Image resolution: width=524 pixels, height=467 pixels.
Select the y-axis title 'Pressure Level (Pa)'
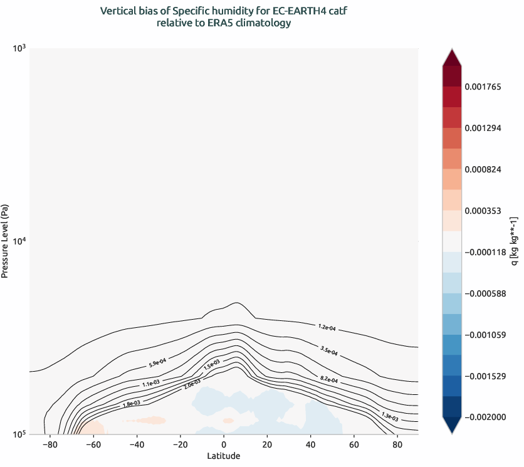pyautogui.click(x=5, y=241)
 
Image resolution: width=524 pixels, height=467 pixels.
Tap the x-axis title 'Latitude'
pyautogui.click(x=224, y=456)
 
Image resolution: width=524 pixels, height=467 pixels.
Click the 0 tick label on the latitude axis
pyautogui.click(x=224, y=444)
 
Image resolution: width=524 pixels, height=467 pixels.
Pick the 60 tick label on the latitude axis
pyautogui.click(x=354, y=444)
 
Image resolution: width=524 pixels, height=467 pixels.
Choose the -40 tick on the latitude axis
pyautogui.click(x=136, y=444)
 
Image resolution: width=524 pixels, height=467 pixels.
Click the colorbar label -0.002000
pyautogui.click(x=486, y=417)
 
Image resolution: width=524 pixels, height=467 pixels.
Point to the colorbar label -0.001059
pyautogui.click(x=486, y=335)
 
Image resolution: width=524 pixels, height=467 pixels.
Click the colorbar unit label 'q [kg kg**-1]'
pyautogui.click(x=514, y=241)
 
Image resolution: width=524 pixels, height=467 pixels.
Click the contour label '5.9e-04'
pyautogui.click(x=157, y=362)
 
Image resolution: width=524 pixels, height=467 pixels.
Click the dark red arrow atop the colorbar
pyautogui.click(x=451, y=58)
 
